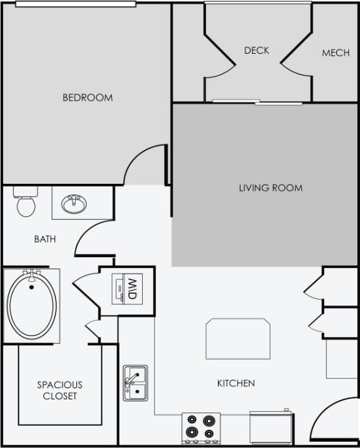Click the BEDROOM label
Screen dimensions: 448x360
87,97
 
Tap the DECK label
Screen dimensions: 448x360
256,51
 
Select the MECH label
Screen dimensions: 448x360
335,53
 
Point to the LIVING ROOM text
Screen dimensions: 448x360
270,188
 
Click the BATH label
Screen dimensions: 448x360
45,239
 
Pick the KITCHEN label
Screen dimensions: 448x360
236,383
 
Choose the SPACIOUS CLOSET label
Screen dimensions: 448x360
59,390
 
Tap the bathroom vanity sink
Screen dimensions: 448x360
75,204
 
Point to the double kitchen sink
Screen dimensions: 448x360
135,382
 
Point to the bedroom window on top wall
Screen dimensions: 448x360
76,4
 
